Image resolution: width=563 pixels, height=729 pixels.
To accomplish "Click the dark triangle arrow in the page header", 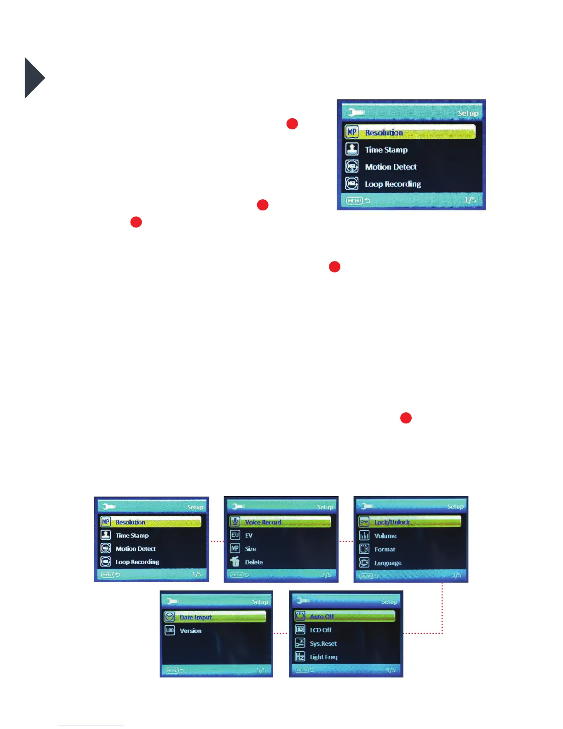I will (34, 78).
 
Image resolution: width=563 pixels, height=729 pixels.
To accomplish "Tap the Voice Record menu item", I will (263, 522).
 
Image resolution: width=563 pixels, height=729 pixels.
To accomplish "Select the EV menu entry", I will (249, 535).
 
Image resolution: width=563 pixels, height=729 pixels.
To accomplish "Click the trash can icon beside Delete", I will (235, 561).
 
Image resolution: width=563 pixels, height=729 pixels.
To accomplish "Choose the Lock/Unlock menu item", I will (392, 522).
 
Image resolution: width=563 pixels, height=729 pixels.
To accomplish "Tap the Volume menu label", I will (385, 536).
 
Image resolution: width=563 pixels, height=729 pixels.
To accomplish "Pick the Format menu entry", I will (385, 549).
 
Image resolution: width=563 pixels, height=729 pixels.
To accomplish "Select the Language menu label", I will (388, 563).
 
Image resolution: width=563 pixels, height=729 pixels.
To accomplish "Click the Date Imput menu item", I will (195, 617).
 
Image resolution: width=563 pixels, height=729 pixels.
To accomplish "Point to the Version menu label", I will (190, 631).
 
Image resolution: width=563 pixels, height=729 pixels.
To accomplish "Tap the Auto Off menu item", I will (322, 616).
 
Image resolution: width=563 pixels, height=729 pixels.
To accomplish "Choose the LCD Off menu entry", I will (321, 630).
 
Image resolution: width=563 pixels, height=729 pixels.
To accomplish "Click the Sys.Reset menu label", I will (323, 643).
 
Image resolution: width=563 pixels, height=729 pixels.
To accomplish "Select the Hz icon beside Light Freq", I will (300, 657).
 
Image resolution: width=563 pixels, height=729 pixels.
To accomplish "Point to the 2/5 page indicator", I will (326, 574).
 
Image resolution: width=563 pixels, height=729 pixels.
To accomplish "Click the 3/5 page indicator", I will (456, 575).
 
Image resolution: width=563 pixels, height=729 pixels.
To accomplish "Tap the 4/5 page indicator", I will (391, 670).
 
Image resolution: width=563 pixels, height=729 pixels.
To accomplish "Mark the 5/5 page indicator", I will (261, 670).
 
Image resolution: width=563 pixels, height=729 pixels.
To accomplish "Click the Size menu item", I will (251, 549).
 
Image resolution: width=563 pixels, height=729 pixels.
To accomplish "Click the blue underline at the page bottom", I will (91, 725).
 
